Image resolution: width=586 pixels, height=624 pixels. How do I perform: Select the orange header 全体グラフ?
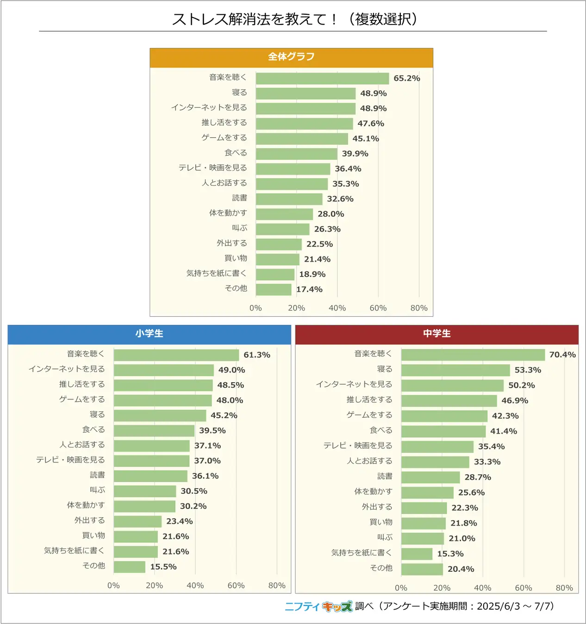pyautogui.click(x=291, y=57)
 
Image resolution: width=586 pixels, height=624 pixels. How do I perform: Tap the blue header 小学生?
pyautogui.click(x=149, y=334)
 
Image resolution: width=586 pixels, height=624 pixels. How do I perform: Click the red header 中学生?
pyautogui.click(x=436, y=334)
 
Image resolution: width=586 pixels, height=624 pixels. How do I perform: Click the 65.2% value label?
pyautogui.click(x=406, y=79)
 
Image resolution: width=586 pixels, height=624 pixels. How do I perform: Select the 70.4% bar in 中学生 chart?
pyautogui.click(x=473, y=355)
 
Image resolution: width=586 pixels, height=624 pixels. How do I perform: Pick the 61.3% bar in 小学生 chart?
pyautogui.click(x=176, y=355)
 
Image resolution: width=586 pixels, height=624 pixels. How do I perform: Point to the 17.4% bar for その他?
pyautogui.click(x=274, y=289)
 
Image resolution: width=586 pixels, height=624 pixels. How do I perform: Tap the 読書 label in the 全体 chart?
pyautogui.click(x=239, y=198)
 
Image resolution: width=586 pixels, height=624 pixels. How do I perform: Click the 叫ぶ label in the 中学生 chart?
pyautogui.click(x=385, y=538)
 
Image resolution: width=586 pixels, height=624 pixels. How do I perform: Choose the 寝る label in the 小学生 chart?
pyautogui.click(x=97, y=415)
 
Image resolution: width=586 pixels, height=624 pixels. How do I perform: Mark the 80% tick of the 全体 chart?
pyautogui.click(x=418, y=308)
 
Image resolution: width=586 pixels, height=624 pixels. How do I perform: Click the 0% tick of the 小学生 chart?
pyautogui.click(x=113, y=585)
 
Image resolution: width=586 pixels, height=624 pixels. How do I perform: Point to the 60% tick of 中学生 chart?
pyautogui.click(x=523, y=588)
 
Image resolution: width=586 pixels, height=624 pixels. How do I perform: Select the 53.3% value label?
pyautogui.click(x=528, y=370)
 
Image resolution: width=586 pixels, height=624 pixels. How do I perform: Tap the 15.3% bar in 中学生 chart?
pyautogui.click(x=417, y=554)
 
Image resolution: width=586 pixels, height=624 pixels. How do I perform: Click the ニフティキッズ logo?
pyautogui.click(x=318, y=606)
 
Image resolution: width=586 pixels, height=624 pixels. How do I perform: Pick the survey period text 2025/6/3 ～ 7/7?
pyautogui.click(x=515, y=606)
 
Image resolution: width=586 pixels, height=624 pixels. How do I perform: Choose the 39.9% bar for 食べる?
pyautogui.click(x=296, y=154)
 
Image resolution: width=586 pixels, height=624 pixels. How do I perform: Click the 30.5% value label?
pyautogui.click(x=193, y=491)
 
